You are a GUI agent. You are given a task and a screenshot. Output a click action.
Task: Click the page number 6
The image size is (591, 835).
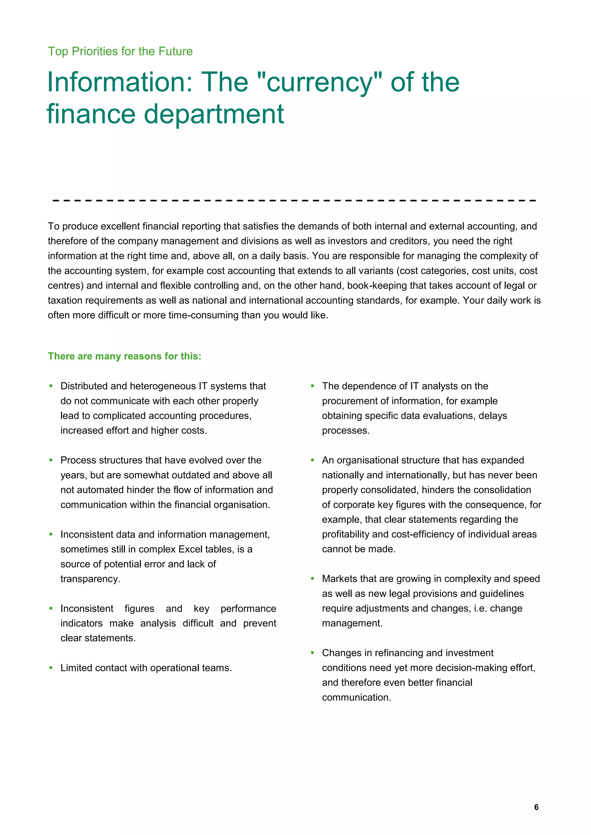coord(536,807)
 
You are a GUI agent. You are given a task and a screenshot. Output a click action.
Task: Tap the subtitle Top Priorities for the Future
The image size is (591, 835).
coord(120,51)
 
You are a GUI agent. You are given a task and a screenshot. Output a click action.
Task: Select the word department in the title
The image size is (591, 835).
coord(214,114)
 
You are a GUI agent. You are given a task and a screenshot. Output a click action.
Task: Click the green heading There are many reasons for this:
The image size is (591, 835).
coord(124,356)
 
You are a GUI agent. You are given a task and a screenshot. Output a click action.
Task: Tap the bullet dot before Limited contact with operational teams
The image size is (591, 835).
coord(51,668)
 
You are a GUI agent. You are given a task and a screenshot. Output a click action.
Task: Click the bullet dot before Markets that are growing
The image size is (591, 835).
coord(312,579)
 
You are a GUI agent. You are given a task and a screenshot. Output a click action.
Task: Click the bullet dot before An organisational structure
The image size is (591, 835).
coord(312,460)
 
